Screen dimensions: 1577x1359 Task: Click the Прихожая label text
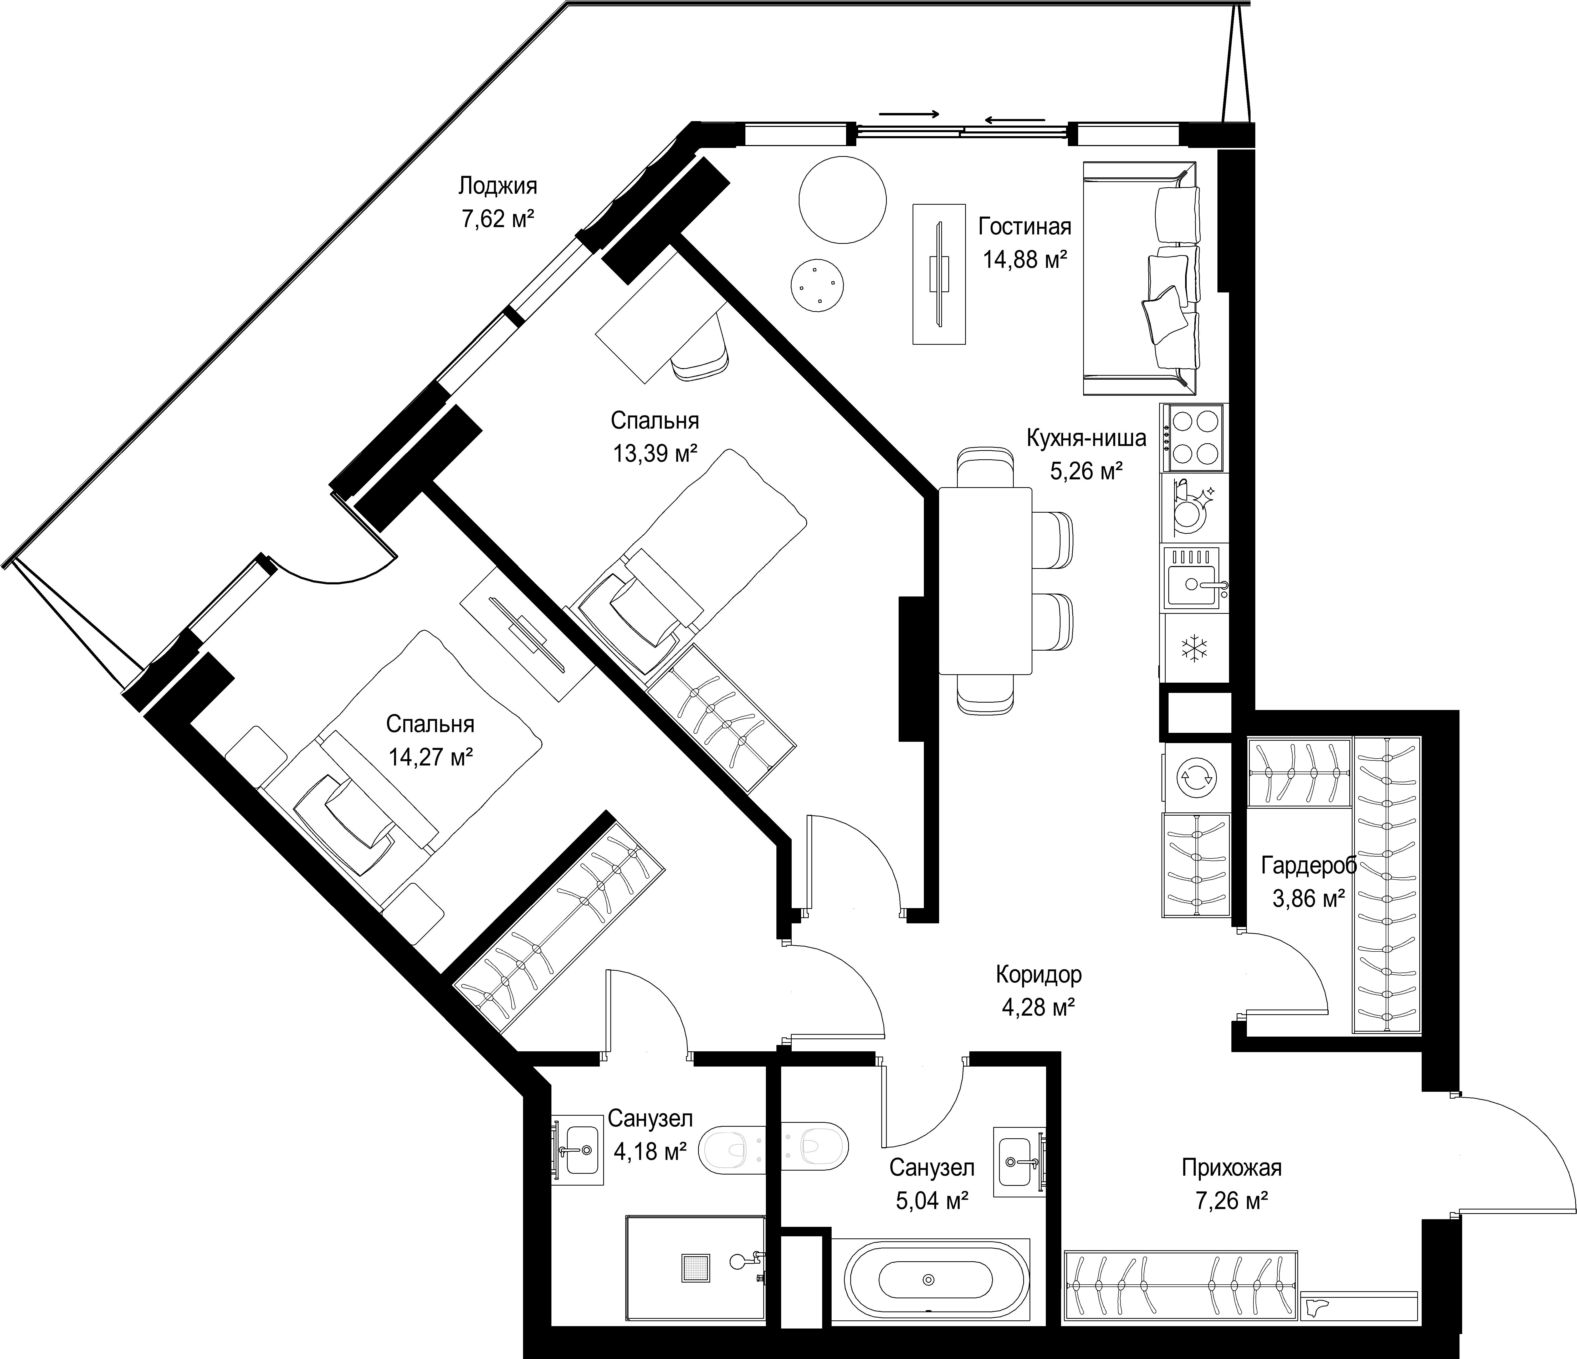[x=1231, y=1167]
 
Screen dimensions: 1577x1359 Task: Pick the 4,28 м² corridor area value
[x=1038, y=1007]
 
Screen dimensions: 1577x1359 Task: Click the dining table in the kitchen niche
[x=986, y=581]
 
